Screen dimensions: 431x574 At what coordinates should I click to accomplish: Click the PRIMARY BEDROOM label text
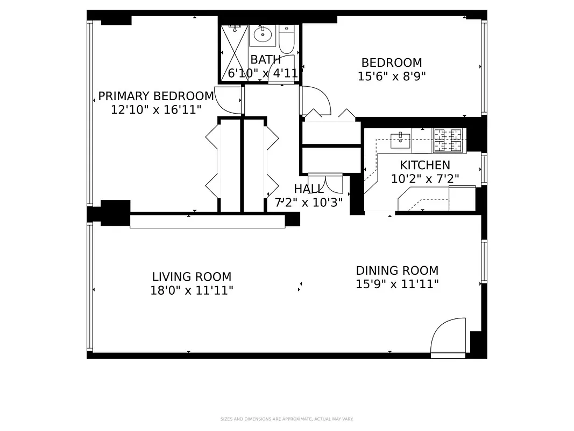click(x=156, y=96)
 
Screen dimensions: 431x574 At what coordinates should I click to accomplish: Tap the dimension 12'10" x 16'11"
click(x=156, y=110)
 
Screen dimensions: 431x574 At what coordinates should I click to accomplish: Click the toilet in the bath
click(x=286, y=39)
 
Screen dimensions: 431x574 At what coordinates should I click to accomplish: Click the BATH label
click(x=265, y=60)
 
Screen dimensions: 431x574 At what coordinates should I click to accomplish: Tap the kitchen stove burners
click(x=448, y=141)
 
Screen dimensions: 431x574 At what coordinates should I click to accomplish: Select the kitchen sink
click(x=400, y=140)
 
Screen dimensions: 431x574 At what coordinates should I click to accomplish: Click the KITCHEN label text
click(x=424, y=165)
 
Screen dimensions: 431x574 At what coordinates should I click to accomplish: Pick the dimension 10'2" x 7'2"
click(x=424, y=179)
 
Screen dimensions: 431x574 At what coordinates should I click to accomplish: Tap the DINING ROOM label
click(x=397, y=270)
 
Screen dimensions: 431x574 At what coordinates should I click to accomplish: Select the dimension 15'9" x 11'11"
click(x=397, y=284)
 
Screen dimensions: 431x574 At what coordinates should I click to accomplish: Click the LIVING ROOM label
click(x=192, y=277)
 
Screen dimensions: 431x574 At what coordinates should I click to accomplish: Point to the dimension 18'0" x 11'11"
click(x=192, y=291)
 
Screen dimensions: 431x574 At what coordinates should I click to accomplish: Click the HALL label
click(x=309, y=189)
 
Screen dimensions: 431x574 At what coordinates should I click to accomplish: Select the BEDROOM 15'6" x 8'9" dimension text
click(x=392, y=77)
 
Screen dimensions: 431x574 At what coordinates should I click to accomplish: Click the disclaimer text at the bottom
click(x=287, y=419)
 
